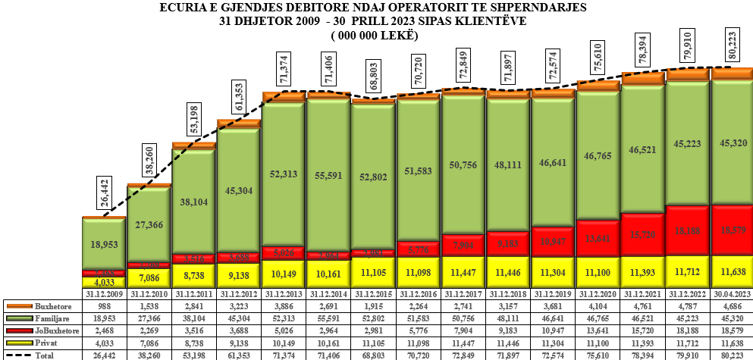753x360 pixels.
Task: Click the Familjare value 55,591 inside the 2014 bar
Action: (328, 173)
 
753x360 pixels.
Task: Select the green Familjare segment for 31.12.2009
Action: (103, 244)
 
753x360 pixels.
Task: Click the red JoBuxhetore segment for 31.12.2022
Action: (687, 230)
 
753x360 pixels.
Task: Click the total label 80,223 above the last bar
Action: (731, 46)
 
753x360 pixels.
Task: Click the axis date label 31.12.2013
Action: (284, 293)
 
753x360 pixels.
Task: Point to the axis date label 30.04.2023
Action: (732, 293)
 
